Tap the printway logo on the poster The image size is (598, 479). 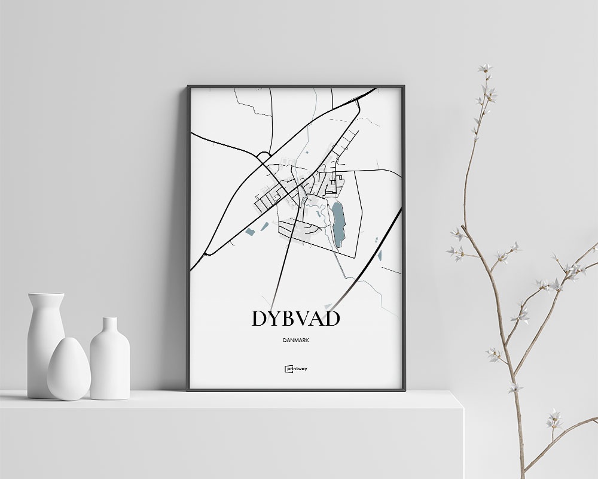pyautogui.click(x=296, y=369)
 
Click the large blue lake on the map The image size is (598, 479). pyautogui.click(x=338, y=223)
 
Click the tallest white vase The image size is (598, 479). pyautogui.click(x=45, y=335)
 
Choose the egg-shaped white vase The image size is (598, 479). pyautogui.click(x=68, y=370)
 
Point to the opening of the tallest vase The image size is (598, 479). pyautogui.click(x=46, y=295)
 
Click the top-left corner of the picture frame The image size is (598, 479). pyautogui.click(x=187, y=86)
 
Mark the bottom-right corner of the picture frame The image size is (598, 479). pyautogui.click(x=405, y=390)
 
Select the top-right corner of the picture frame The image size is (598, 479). pyautogui.click(x=405, y=86)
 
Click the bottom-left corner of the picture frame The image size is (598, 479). pyautogui.click(x=187, y=390)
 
